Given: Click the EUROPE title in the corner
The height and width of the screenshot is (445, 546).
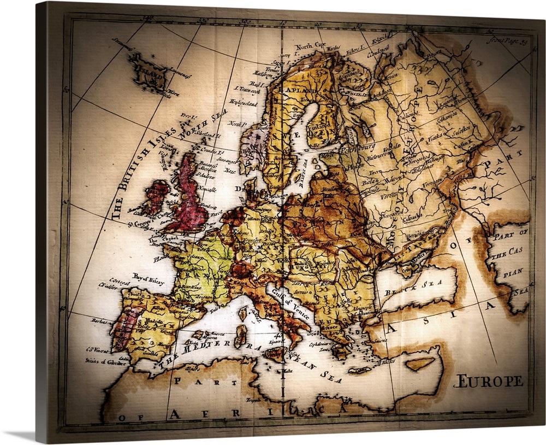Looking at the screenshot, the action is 488,381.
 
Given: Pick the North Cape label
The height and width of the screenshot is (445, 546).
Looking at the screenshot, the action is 312,46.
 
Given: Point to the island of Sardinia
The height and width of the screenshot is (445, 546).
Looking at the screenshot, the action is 240,336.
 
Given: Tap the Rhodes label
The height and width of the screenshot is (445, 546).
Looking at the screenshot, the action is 387,361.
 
